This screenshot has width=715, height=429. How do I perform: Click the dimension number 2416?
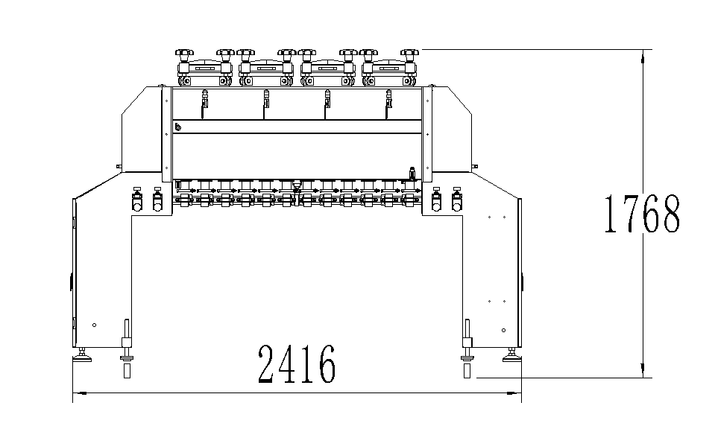pos(297,364)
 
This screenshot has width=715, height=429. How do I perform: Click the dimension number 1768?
pos(642,214)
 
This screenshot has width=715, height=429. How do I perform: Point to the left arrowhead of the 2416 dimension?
pos(80,393)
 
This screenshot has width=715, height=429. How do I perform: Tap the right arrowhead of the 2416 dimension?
pos(514,393)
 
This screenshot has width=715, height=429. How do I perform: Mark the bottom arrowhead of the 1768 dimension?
pos(643,371)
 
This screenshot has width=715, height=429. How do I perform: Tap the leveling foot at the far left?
pos(82,355)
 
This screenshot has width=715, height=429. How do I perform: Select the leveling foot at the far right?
pos(512,355)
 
